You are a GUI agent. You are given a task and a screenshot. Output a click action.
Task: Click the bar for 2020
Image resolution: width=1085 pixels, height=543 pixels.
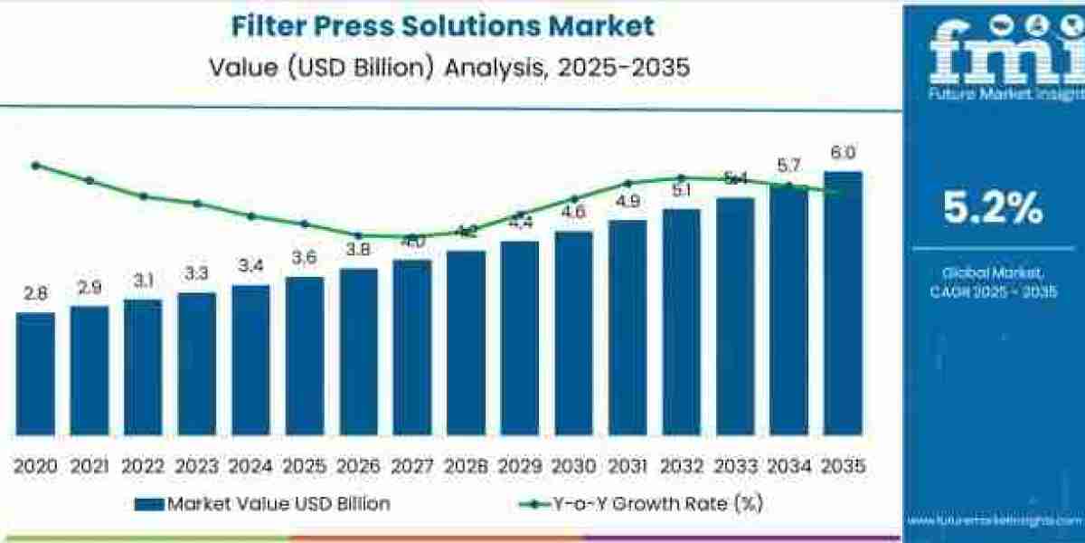click(35, 373)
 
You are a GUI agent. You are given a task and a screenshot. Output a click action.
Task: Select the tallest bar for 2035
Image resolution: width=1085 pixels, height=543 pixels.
click(843, 302)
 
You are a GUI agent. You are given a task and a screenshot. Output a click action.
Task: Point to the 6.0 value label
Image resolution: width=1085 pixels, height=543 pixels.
click(844, 152)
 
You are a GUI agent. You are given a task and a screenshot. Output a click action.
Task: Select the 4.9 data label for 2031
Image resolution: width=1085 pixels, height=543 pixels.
click(627, 202)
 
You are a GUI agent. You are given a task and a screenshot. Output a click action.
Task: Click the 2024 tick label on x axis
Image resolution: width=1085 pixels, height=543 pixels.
click(251, 465)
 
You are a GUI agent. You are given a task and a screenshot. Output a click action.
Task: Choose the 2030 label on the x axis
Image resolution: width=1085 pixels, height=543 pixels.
click(574, 465)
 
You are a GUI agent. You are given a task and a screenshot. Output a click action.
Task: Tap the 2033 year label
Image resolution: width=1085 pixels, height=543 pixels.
click(735, 465)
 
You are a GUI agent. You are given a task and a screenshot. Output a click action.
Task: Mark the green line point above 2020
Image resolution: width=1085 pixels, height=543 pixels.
click(35, 166)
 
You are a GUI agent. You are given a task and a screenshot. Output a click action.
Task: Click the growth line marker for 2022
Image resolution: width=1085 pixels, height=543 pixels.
click(143, 195)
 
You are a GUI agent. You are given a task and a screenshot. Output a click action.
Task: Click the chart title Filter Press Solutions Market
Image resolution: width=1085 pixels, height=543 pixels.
click(443, 25)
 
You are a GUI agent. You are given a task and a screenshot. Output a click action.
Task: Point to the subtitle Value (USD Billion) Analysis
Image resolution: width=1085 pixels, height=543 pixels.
click(443, 67)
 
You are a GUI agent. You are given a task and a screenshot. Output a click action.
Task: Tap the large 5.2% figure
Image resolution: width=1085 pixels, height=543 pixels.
click(993, 209)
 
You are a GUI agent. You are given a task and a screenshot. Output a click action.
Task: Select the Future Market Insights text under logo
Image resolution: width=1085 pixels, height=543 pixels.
click(993, 93)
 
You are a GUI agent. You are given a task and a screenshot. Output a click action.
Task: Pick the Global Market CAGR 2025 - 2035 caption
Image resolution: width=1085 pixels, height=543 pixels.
click(993, 281)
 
